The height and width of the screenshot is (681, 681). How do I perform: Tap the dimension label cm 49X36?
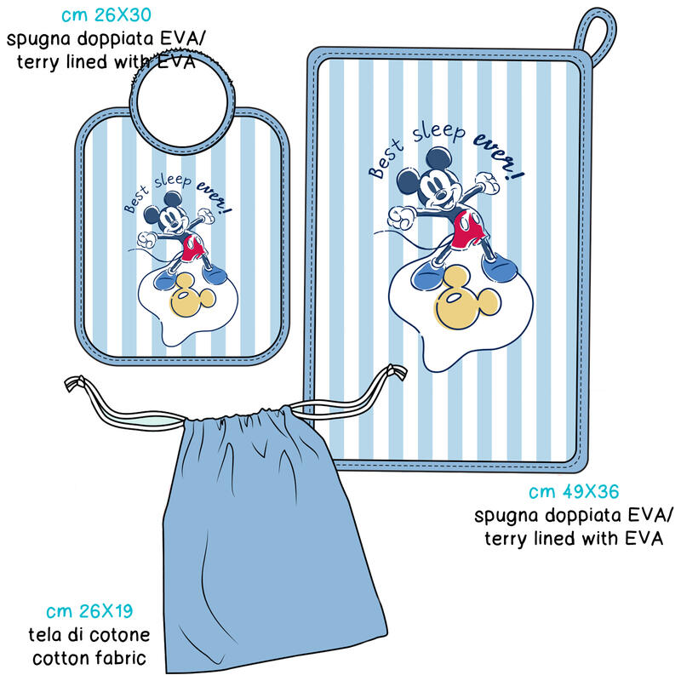tap(573, 492)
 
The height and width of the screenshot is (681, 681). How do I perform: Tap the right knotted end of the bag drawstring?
tap(392, 373)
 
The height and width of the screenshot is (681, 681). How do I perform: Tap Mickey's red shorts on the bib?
tap(192, 248)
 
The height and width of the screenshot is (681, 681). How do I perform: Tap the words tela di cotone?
tap(91, 635)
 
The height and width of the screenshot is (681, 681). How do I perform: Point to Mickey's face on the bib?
tap(175, 218)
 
